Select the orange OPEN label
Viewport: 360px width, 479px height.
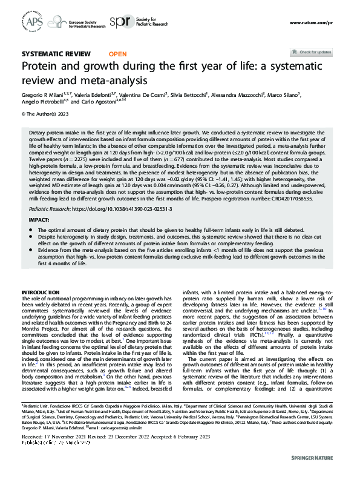pos(117,54)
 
